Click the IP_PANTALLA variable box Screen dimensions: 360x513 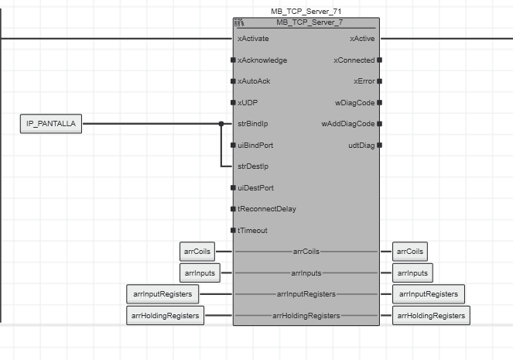tap(51, 124)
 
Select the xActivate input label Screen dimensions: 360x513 tap(253, 38)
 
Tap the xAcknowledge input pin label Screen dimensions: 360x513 tap(262, 60)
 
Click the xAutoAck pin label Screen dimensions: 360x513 tap(254, 81)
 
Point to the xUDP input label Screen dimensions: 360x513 tap(248, 102)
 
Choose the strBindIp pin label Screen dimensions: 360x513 tap(253, 124)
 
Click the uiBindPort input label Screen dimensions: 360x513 tap(255, 145)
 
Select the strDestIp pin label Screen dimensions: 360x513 tap(253, 166)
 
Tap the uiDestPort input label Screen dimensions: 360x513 tap(255, 187)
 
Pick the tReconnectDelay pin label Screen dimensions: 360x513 tap(267, 209)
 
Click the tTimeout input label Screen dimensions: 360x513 tap(252, 230)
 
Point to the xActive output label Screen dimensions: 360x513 tap(362, 38)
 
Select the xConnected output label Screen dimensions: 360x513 tap(354, 60)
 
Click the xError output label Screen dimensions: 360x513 tap(364, 81)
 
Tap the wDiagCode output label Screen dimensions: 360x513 tap(354, 102)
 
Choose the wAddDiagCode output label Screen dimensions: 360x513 tap(348, 124)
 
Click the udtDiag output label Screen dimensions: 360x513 tap(361, 145)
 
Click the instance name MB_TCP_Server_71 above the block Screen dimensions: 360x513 tap(306, 12)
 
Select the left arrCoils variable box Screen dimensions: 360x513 tap(195, 252)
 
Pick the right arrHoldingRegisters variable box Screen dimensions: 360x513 tap(431, 315)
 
